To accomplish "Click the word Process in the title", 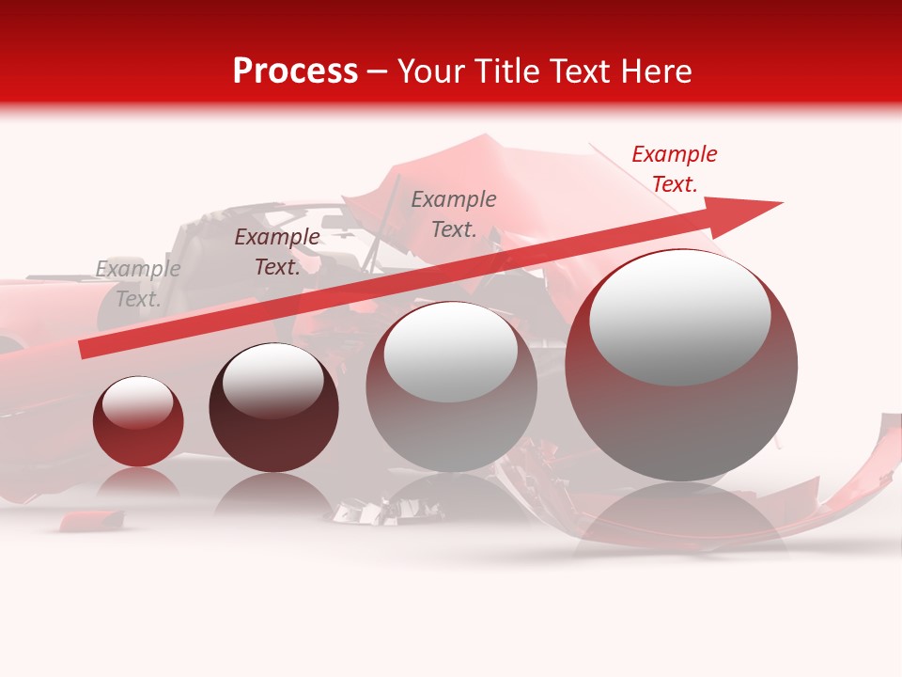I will [295, 71].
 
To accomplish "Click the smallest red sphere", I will [138, 421].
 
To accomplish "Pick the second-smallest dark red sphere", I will [273, 407].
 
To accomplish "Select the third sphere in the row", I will [451, 386].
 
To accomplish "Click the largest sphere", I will [681, 365].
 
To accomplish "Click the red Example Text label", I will [674, 169].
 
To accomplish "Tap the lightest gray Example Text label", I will [137, 284].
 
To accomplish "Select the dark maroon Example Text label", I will [276, 252].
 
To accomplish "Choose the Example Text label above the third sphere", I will [454, 214].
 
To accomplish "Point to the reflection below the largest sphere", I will [681, 517].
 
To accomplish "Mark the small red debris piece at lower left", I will [91, 519].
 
